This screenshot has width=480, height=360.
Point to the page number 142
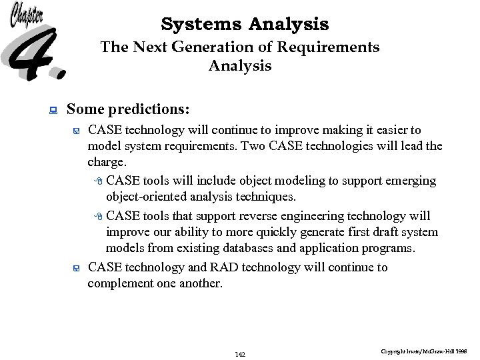pyautogui.click(x=240, y=354)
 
